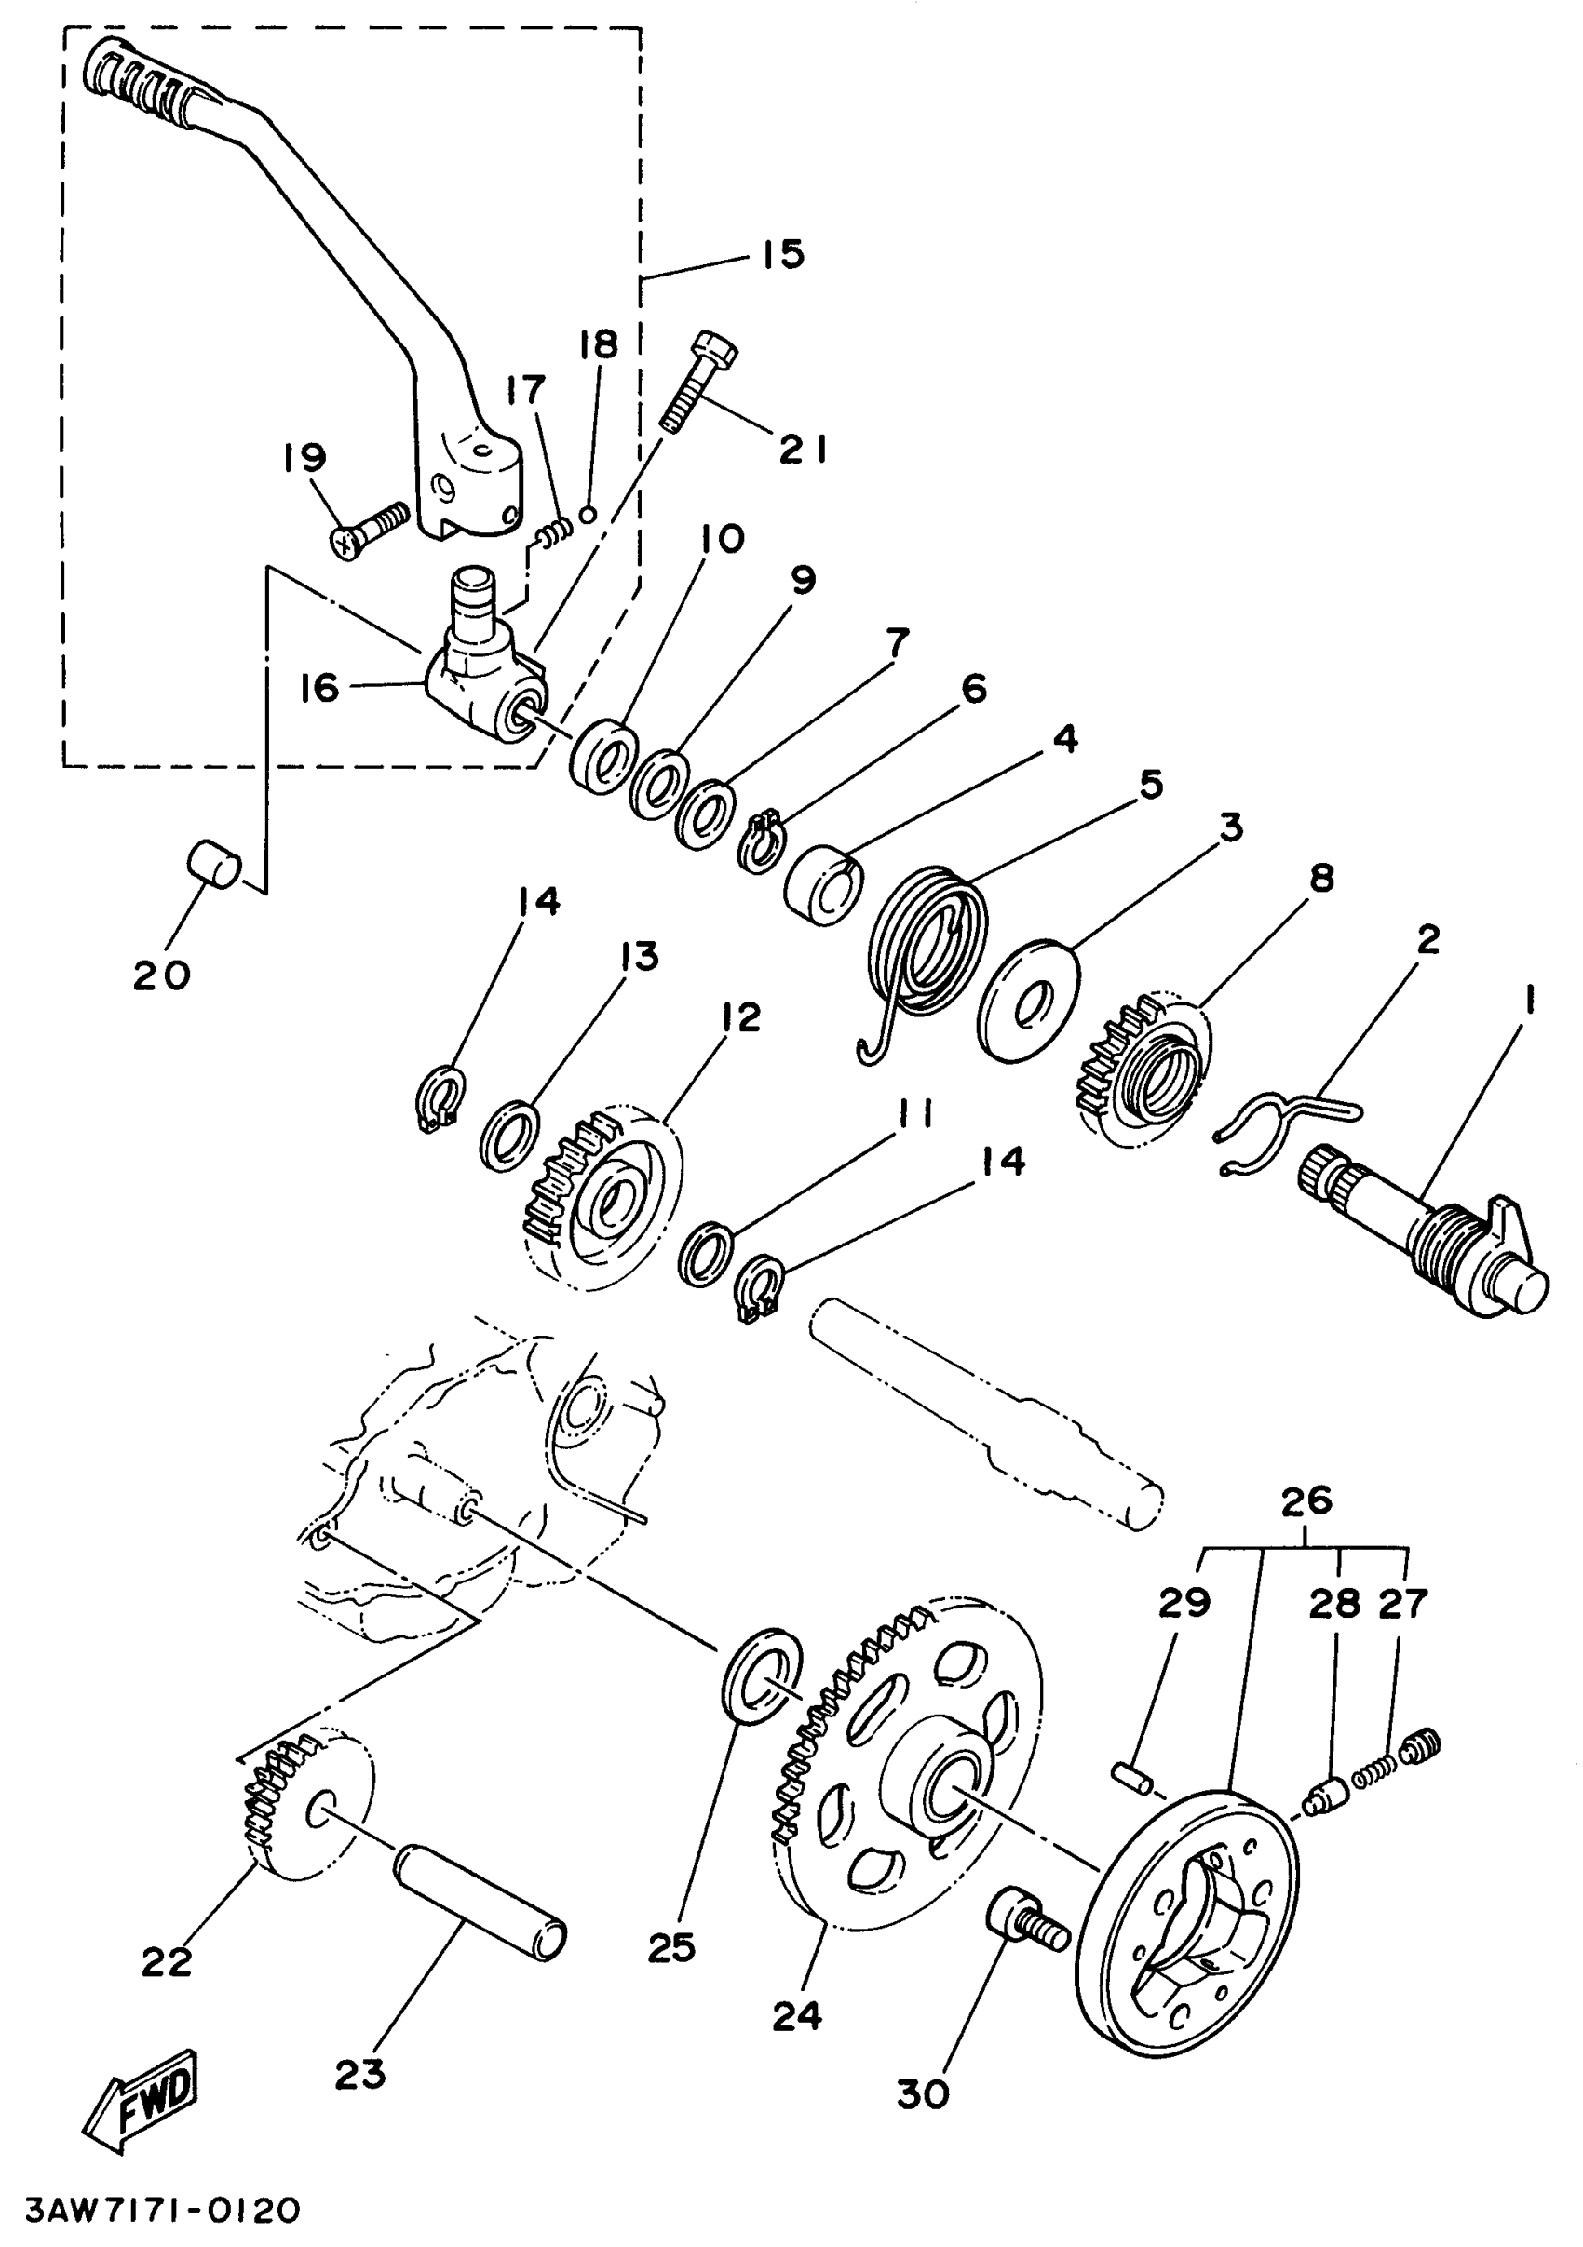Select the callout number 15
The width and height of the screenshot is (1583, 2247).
coord(783,254)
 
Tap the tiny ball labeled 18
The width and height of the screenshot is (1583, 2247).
coord(588,513)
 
